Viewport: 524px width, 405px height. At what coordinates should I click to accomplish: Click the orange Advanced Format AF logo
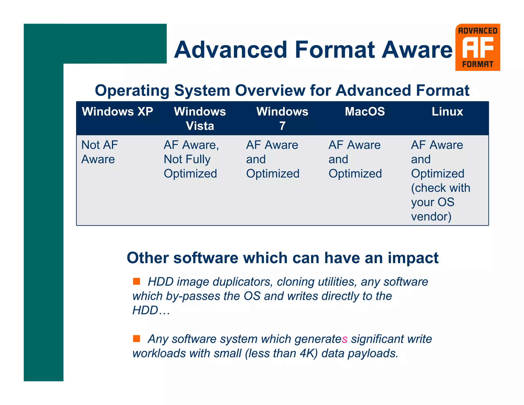tap(477, 47)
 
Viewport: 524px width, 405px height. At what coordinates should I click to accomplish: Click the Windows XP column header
tap(117, 112)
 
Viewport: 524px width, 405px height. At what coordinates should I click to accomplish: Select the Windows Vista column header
tap(200, 119)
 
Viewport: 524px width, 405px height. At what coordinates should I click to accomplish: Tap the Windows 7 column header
tap(282, 119)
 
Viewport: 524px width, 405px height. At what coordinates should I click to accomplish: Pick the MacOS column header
tap(365, 112)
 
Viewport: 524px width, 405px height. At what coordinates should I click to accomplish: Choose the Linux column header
tap(447, 112)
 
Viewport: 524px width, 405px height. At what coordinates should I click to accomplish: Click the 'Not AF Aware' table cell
tap(100, 152)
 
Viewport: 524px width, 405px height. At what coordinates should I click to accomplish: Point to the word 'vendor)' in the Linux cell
tap(431, 217)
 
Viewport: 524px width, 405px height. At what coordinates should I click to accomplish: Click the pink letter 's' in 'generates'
tap(345, 339)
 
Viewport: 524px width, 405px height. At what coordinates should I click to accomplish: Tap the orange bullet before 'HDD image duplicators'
tap(137, 281)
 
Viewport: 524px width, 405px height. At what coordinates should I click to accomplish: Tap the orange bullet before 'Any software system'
tap(137, 339)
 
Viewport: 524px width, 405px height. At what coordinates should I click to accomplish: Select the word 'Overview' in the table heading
tap(270, 90)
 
